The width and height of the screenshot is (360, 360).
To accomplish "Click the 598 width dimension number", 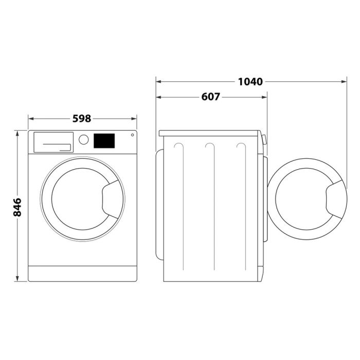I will [x=82, y=118].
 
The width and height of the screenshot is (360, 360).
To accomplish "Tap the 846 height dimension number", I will [x=17, y=206].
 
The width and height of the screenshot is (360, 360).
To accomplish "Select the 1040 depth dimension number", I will [x=250, y=81].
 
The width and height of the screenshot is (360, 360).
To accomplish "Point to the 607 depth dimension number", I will [x=210, y=97].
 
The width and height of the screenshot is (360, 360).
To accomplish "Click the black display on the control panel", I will [x=104, y=140].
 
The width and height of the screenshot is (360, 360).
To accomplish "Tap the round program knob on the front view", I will [x=83, y=140].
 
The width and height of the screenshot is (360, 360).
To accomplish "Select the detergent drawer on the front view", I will [x=52, y=142].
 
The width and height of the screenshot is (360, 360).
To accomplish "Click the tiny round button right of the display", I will [x=132, y=135].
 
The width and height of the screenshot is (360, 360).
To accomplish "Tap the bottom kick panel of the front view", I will [x=82, y=273].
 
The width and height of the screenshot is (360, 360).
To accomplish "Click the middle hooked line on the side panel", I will [x=209, y=149].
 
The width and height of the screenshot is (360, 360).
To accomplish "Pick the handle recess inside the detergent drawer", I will [x=57, y=147].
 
